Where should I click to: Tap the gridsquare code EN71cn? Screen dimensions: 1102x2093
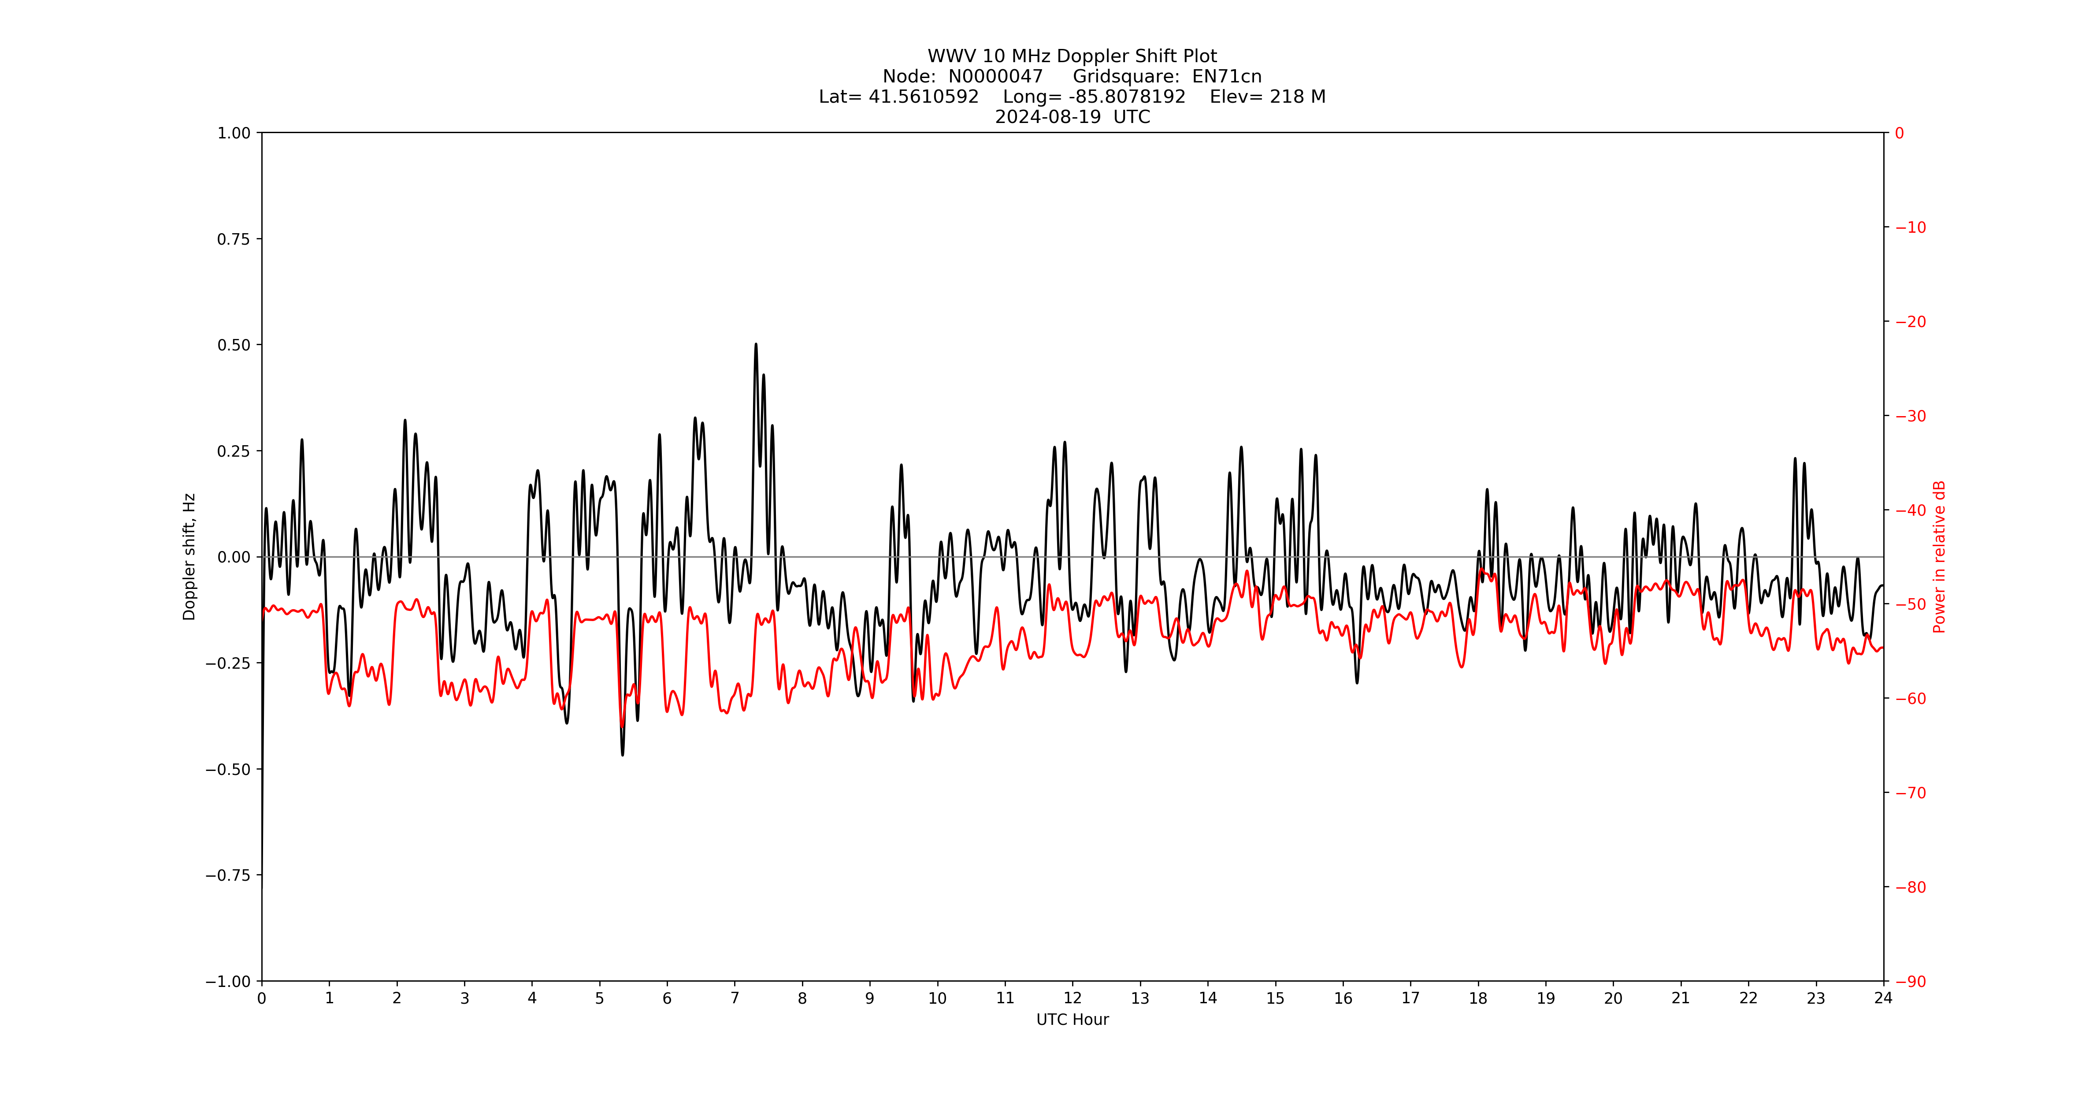pyautogui.click(x=1226, y=76)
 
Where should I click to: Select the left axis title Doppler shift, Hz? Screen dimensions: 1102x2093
pyautogui.click(x=189, y=557)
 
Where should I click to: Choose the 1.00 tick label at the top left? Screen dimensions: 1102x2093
pyautogui.click(x=234, y=133)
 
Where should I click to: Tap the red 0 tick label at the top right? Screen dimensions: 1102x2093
pyautogui.click(x=1900, y=133)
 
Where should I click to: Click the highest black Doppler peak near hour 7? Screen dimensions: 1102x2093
pyautogui.click(x=756, y=345)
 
